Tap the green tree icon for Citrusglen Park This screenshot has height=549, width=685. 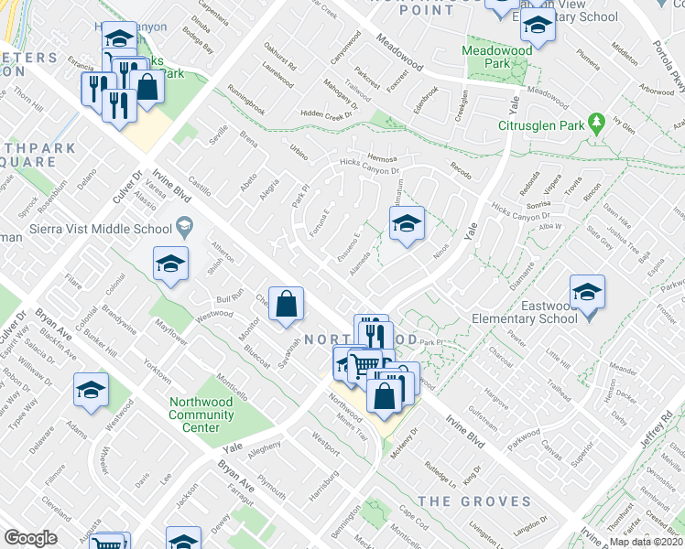(x=597, y=122)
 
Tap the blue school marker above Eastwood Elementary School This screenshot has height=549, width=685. (x=586, y=292)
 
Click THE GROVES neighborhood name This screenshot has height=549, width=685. (x=474, y=501)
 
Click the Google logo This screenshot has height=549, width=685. (x=30, y=537)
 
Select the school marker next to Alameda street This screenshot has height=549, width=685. (x=406, y=223)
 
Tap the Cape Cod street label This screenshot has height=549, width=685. (x=414, y=518)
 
